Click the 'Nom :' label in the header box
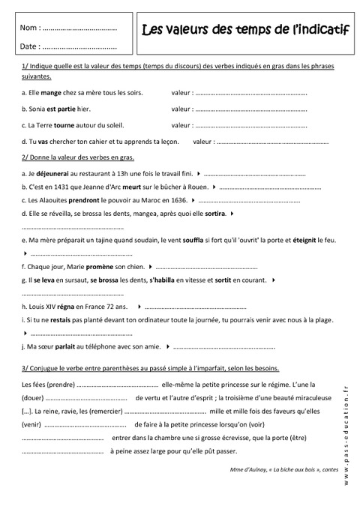pyautogui.click(x=31, y=28)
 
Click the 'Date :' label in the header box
pyautogui.click(x=31, y=47)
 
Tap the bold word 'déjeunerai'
pyautogui.click(x=52, y=172)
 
